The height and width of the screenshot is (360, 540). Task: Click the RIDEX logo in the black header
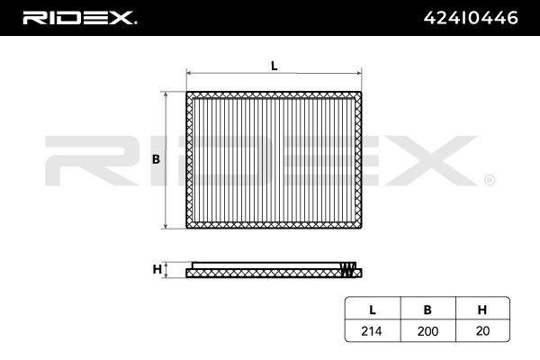[x=79, y=18]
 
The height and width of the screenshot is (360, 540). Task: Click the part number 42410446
[x=471, y=18]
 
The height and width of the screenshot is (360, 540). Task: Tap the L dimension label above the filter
[x=274, y=66]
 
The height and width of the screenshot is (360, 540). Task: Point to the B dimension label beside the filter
[x=156, y=159]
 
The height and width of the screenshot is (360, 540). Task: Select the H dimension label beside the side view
[x=157, y=269]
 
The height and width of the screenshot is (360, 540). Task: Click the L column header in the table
[x=373, y=310]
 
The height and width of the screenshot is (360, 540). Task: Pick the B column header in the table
[x=427, y=310]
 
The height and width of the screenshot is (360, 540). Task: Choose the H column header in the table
[x=482, y=310]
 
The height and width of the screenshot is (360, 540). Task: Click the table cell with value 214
[x=372, y=331]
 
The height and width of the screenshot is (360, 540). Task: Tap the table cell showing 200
[x=427, y=331]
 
